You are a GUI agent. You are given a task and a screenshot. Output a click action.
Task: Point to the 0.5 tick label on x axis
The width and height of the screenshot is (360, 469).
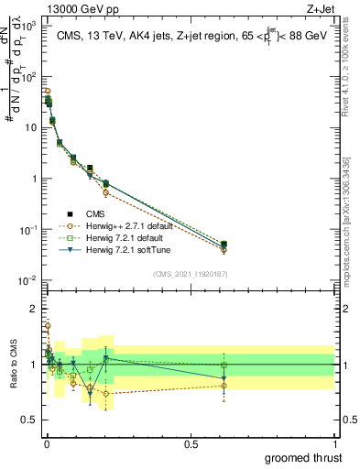click(x=191, y=443)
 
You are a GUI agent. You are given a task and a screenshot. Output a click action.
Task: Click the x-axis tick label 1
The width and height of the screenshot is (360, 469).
click(x=334, y=443)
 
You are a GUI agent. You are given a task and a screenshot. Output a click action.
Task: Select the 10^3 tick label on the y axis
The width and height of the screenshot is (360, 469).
click(x=29, y=26)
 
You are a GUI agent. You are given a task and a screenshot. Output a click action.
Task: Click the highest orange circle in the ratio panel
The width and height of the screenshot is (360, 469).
click(x=48, y=325)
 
